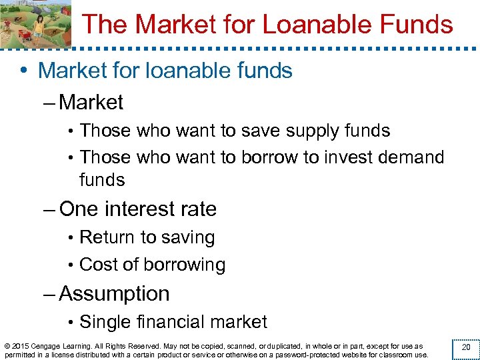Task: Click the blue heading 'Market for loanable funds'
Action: tap(165, 70)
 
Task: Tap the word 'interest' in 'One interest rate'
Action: tap(141, 209)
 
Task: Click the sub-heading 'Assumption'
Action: tap(114, 293)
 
